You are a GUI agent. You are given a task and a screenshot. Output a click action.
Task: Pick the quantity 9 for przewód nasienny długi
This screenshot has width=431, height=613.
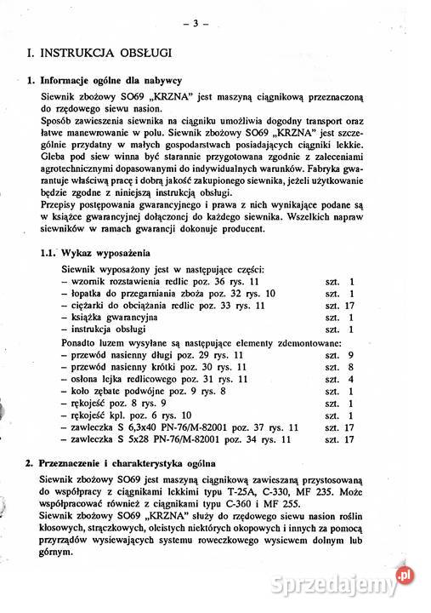(350, 352)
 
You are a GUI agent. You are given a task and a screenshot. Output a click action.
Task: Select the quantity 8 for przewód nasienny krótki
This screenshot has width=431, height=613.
(350, 365)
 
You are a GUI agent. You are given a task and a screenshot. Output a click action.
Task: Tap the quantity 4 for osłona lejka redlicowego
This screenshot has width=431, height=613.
(350, 378)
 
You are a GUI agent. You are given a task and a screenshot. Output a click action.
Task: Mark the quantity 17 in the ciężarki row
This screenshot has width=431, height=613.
(349, 305)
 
